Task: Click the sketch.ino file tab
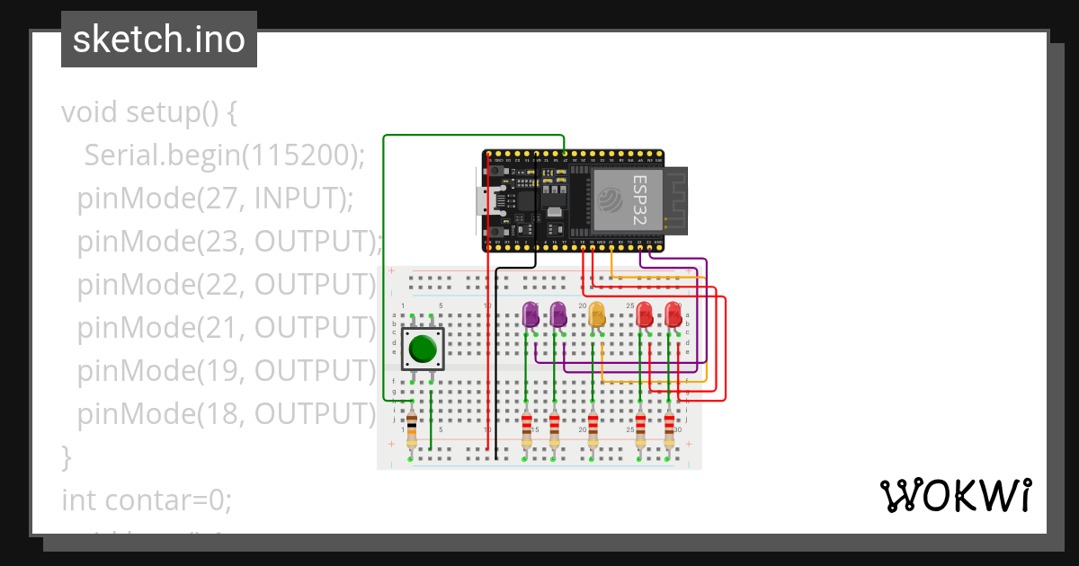[x=159, y=40]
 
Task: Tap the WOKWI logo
[x=954, y=495]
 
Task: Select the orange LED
[x=596, y=314]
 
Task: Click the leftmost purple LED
[x=531, y=314]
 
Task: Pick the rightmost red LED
[x=673, y=314]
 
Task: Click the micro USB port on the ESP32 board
[x=483, y=200]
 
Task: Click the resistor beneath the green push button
[x=412, y=429]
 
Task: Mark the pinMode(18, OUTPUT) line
[x=225, y=413]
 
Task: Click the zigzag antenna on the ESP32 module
[x=675, y=199]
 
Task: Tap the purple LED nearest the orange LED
[x=558, y=314]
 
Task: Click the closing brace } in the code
[x=66, y=456]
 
